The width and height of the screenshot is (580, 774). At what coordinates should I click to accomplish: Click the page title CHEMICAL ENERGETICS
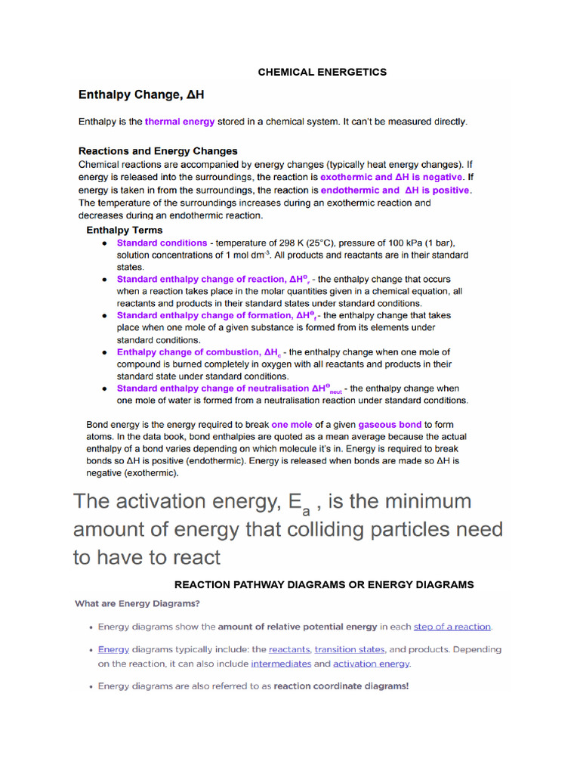pos(322,72)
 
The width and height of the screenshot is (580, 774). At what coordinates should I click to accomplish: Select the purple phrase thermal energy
pos(180,121)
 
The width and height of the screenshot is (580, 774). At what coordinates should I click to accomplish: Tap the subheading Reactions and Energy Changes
pos(158,150)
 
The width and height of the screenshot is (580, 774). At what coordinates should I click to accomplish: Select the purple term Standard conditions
pos(162,243)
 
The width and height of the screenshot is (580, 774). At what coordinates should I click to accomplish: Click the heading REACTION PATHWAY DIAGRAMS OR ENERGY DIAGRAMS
pos(324,584)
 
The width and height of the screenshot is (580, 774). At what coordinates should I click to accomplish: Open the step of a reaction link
pos(452,627)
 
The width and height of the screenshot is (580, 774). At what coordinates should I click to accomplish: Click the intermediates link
pos(281,664)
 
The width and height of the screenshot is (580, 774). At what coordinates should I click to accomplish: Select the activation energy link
pos(371,664)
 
